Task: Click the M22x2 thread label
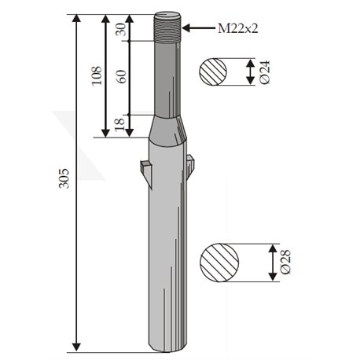(x=238, y=28)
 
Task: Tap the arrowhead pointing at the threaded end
(x=186, y=28)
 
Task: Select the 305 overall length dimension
(x=64, y=178)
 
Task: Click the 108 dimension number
(x=97, y=75)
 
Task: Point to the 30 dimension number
(x=121, y=29)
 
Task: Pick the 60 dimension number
(x=121, y=77)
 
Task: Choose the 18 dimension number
(x=119, y=124)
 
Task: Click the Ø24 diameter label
(x=264, y=72)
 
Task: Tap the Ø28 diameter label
(x=285, y=262)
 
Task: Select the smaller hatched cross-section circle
(x=213, y=72)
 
